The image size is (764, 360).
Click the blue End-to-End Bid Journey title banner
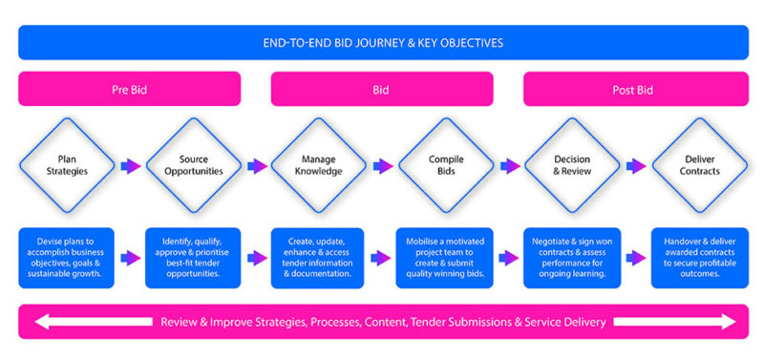coord(382,43)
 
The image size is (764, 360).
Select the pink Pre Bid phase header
coord(129,90)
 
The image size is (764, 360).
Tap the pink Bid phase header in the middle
coord(382,90)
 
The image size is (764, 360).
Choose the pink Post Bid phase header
coord(635,90)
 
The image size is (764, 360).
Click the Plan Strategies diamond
coord(66,165)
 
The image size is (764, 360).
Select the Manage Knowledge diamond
coord(319,165)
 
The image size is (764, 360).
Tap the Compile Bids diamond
coord(445,165)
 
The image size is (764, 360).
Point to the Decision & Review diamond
coord(571,165)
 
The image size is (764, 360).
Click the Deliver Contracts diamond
coord(698,165)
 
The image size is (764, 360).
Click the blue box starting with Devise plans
coord(66,257)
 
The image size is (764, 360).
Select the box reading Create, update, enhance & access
coord(319,257)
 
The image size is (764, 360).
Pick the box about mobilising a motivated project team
coord(445,257)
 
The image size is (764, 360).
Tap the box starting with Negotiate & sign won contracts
coord(571,257)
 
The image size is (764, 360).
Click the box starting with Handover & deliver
coord(698,257)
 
